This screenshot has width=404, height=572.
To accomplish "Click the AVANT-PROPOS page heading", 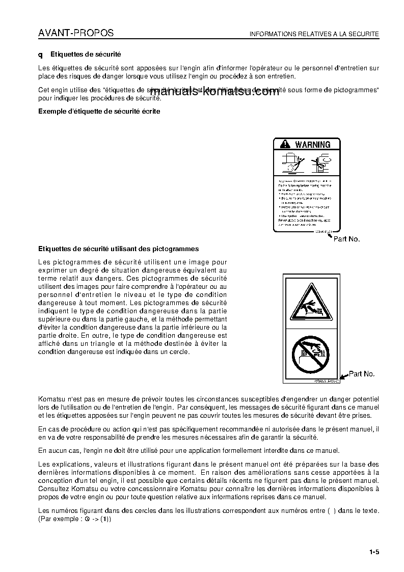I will (76, 34).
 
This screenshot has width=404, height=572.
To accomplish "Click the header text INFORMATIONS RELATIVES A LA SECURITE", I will (314, 35).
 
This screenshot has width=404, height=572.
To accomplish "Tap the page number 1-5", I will (374, 551).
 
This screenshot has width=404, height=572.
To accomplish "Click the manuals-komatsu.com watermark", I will (215, 92).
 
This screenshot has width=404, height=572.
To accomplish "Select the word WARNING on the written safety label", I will (312, 145).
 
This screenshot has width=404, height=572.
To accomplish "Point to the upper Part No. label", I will (346, 238).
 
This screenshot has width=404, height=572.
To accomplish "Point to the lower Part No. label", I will (362, 374).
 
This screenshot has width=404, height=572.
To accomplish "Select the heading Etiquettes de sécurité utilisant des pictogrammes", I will (119, 249).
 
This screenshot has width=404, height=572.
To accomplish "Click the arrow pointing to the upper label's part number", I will (329, 234).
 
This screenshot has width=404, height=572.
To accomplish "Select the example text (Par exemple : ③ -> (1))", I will (75, 519).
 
